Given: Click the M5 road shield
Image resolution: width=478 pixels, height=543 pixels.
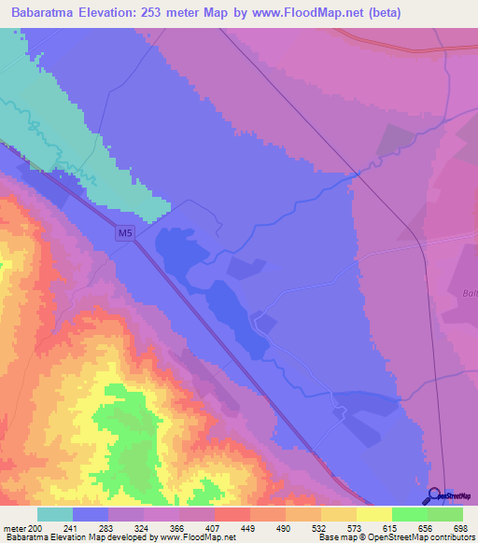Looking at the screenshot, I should click(x=125, y=233).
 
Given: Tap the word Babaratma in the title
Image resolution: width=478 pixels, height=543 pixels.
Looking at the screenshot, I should click(x=44, y=12).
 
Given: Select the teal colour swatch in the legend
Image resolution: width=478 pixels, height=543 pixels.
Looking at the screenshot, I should click(x=55, y=514).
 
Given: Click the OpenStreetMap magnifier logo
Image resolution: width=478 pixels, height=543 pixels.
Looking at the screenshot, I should click(x=434, y=496).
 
